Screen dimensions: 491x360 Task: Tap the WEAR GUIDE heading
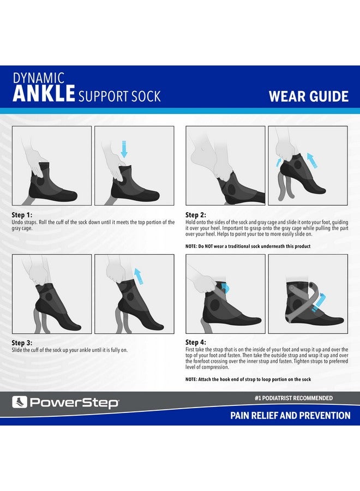click(x=309, y=97)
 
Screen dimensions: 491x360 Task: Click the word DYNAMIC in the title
click(x=39, y=78)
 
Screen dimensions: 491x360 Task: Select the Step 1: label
click(x=22, y=215)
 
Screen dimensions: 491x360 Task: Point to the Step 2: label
click(x=196, y=215)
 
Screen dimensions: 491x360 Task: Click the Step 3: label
click(x=22, y=343)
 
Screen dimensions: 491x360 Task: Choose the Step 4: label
click(x=196, y=343)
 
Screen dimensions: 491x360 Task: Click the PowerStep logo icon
click(x=20, y=403)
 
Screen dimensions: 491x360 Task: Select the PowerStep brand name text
click(x=74, y=403)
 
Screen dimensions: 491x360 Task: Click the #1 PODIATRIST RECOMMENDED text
click(x=294, y=398)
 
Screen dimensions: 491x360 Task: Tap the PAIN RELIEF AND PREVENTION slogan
click(x=290, y=416)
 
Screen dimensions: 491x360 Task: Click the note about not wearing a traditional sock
click(x=248, y=246)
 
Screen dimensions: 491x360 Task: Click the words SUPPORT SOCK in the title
click(x=120, y=97)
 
